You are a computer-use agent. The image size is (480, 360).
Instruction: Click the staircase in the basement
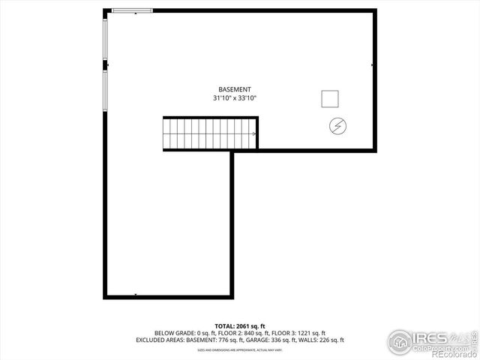210,133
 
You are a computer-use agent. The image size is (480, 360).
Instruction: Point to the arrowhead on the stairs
255,134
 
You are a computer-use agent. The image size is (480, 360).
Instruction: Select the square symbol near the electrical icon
329,98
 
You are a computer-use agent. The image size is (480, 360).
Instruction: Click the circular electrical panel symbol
337,126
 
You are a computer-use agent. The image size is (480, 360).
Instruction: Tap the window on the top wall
132,10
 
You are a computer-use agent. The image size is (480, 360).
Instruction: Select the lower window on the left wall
105,91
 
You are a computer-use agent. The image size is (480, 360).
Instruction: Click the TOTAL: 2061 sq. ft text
240,326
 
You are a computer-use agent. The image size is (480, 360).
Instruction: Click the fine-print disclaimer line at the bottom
240,349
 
